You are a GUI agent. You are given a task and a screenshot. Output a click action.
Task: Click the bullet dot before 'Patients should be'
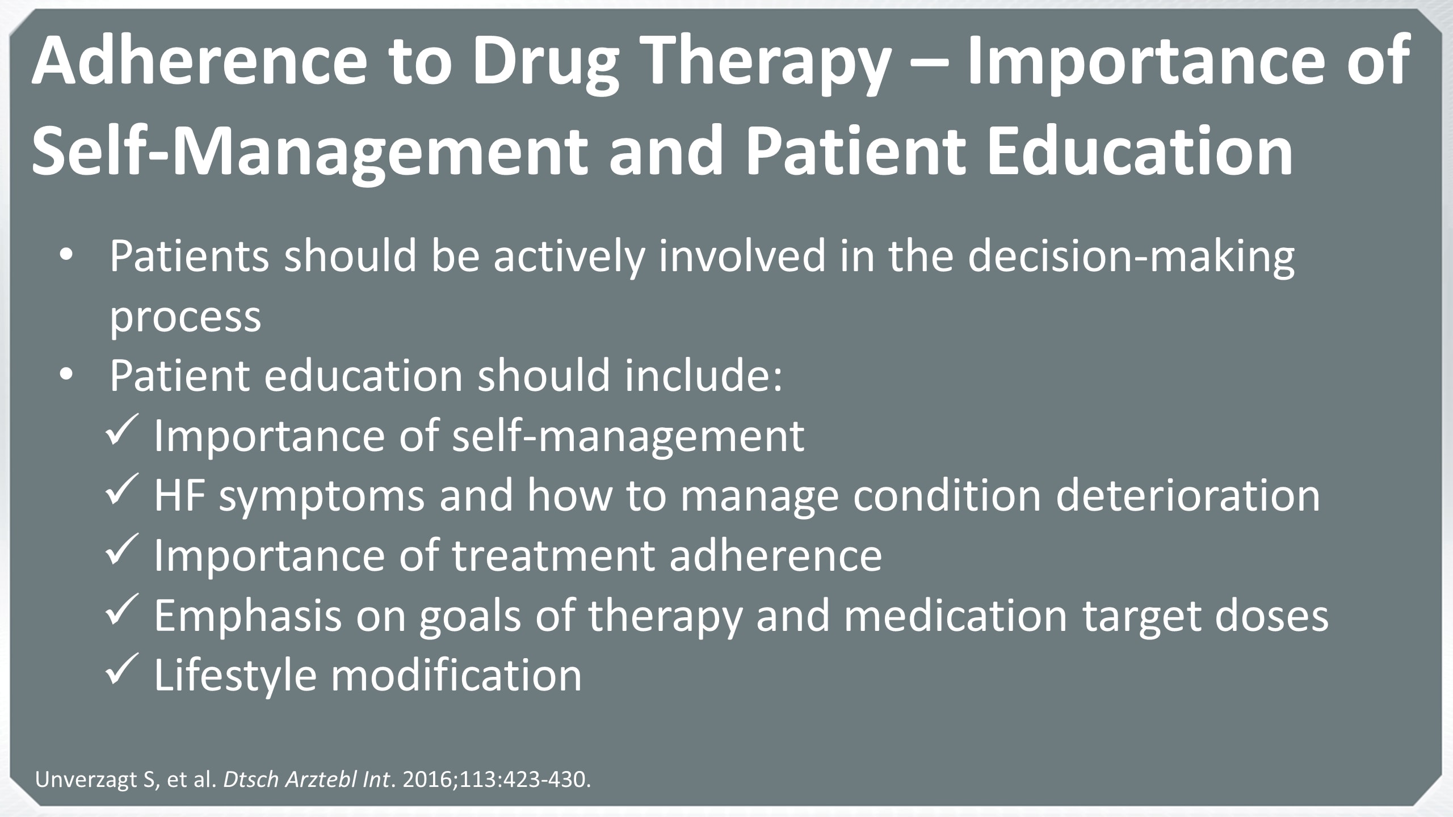click(67, 256)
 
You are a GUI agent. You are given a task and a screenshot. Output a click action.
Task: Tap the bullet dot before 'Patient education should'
click(67, 375)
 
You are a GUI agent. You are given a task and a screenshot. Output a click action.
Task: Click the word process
click(185, 318)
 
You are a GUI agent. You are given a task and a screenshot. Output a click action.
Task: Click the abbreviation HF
click(179, 495)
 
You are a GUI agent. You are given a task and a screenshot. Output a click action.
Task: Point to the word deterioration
click(1188, 495)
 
